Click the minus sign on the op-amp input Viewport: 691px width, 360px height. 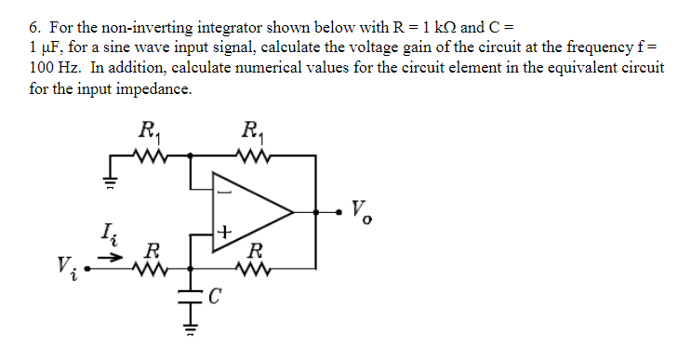[224, 193]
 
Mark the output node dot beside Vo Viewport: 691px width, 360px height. [325, 213]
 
